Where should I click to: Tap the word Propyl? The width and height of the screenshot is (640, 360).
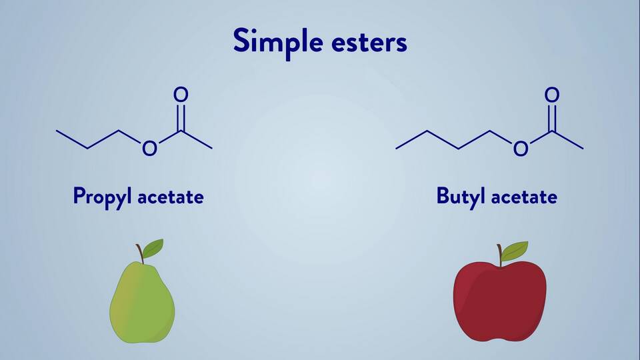click(103, 197)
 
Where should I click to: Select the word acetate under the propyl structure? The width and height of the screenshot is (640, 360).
click(170, 197)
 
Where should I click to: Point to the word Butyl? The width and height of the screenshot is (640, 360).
click(461, 197)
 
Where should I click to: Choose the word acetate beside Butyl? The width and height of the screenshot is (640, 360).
click(523, 197)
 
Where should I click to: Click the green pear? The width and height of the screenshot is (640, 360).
click(141, 303)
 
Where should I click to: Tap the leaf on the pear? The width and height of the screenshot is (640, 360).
click(153, 249)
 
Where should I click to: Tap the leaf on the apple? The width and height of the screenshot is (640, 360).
click(514, 251)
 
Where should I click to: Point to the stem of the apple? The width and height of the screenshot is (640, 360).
click(499, 255)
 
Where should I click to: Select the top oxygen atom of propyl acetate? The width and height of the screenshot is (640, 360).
click(181, 95)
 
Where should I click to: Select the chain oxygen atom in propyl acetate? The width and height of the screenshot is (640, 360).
click(149, 148)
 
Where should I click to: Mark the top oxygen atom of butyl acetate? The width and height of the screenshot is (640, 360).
click(551, 95)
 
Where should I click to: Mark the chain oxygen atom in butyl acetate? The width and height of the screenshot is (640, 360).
click(520, 148)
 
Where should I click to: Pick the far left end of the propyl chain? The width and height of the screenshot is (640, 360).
click(57, 131)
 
